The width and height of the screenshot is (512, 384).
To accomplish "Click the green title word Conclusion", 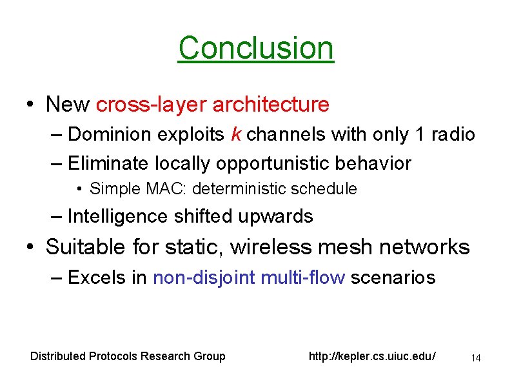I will (256, 48).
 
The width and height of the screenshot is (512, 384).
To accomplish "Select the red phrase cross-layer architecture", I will (213, 104).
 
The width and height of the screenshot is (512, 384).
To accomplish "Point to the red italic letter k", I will (236, 134).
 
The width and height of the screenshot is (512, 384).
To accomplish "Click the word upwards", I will (277, 216).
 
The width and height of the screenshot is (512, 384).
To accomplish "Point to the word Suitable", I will (87, 247).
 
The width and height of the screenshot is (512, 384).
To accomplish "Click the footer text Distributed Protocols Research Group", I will (128, 356).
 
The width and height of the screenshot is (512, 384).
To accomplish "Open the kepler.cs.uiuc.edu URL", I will (373, 356).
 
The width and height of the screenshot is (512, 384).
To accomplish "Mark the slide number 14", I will (477, 358).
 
